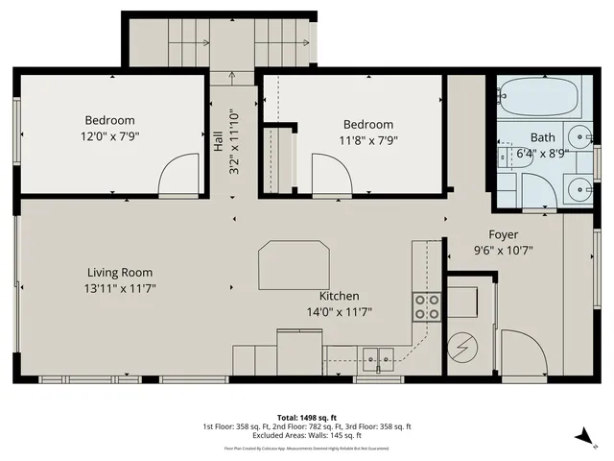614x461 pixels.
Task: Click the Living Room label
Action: [x=120, y=272]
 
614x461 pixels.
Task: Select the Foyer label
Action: [x=503, y=233]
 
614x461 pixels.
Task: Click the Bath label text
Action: [x=542, y=137]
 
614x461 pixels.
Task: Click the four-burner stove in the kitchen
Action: [x=426, y=306]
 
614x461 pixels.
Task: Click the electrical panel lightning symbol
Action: [x=464, y=348]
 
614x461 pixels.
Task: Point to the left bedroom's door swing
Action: [x=177, y=177]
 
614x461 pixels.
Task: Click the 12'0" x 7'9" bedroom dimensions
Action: [x=109, y=136]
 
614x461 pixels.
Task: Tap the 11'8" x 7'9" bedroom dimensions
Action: [x=368, y=140]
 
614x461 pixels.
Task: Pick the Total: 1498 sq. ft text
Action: [x=307, y=417]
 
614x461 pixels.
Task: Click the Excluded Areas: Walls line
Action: [x=307, y=436]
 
